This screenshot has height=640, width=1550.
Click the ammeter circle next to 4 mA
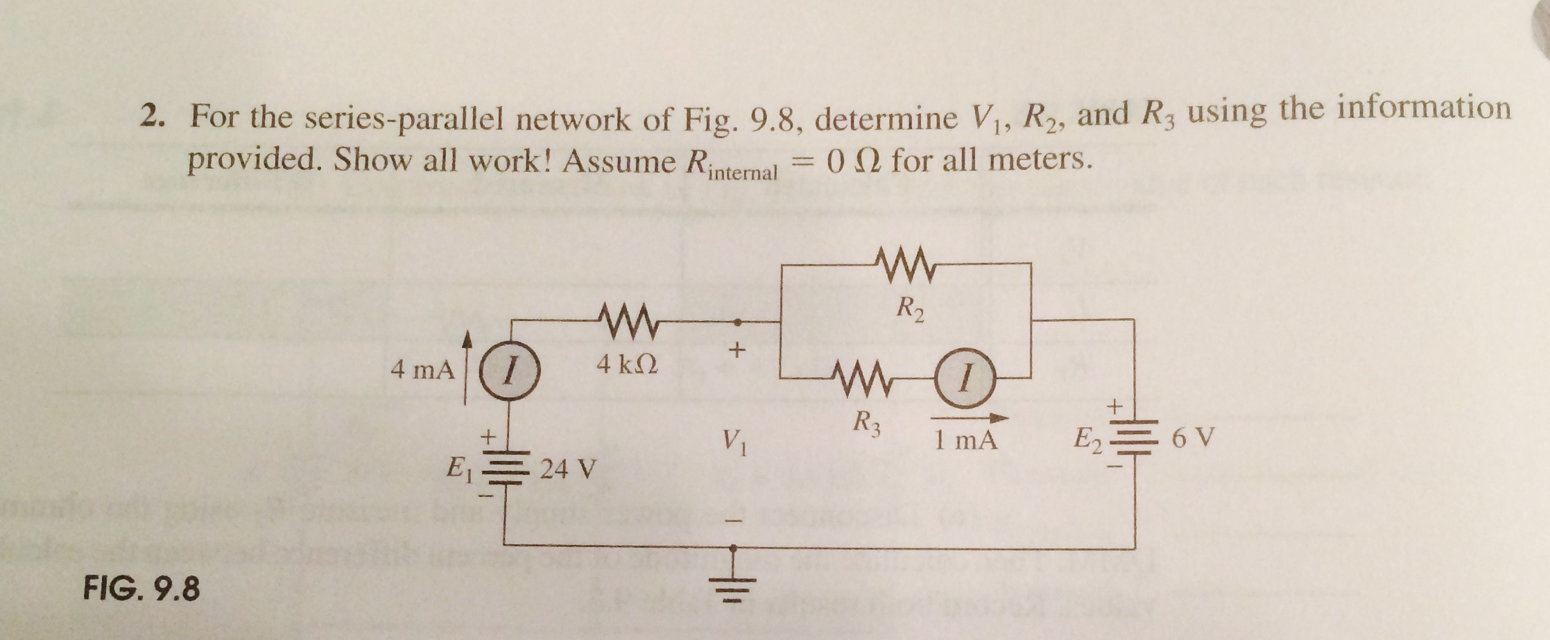(508, 376)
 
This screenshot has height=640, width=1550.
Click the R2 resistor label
(910, 309)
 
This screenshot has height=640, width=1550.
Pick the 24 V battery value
(568, 469)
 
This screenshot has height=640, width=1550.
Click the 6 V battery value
(1193, 438)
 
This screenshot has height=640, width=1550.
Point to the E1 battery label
(459, 469)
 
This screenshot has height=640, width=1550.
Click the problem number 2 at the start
(151, 116)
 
